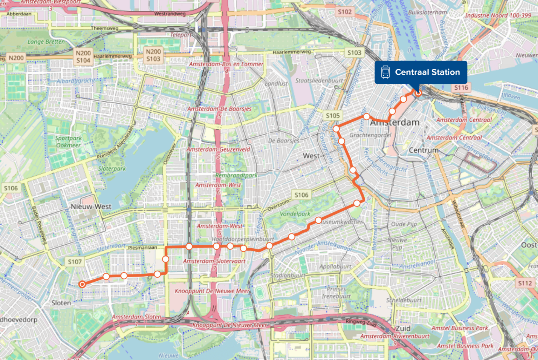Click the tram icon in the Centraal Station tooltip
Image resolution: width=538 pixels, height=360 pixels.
click(x=385, y=72)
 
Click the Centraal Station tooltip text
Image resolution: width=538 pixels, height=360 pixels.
click(x=427, y=72)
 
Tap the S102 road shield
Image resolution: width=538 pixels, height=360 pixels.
click(x=345, y=12)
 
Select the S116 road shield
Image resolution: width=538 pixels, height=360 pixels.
click(x=461, y=88)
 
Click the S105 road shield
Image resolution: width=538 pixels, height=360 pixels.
click(x=333, y=115)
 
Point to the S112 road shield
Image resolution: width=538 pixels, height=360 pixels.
click(x=525, y=283)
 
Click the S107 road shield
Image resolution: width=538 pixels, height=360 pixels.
click(x=75, y=261)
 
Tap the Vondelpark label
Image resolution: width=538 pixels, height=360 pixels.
click(x=295, y=213)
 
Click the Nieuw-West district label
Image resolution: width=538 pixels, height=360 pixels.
click(x=91, y=206)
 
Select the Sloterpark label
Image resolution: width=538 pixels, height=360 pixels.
click(x=112, y=169)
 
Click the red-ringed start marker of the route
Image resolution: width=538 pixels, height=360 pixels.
click(x=82, y=284)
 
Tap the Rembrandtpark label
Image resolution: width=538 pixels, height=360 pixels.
click(x=236, y=175)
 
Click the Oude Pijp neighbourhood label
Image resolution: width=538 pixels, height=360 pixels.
click(x=404, y=224)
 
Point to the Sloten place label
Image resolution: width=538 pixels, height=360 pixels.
click(x=61, y=303)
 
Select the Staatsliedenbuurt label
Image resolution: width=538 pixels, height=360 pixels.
click(x=319, y=80)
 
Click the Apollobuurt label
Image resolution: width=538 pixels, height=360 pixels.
click(x=335, y=266)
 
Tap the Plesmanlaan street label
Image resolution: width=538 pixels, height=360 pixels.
click(x=143, y=247)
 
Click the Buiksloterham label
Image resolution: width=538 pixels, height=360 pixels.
click(x=427, y=12)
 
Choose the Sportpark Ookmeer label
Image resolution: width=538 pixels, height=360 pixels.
click(x=68, y=142)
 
